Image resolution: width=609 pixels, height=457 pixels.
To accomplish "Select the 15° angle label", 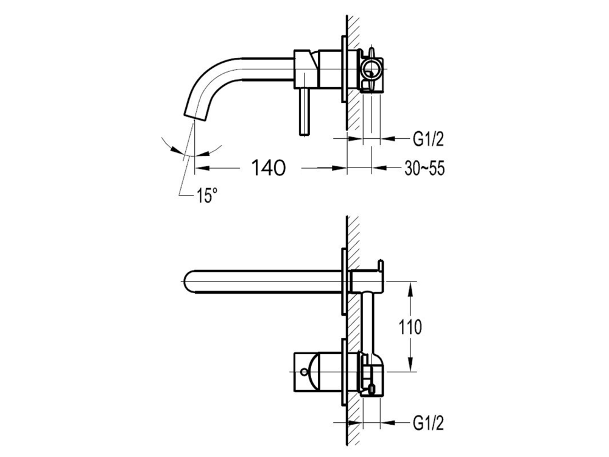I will [x=206, y=196].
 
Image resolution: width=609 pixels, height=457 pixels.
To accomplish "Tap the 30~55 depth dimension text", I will [x=423, y=169].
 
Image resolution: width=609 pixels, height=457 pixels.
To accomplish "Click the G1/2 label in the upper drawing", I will [x=428, y=140].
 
